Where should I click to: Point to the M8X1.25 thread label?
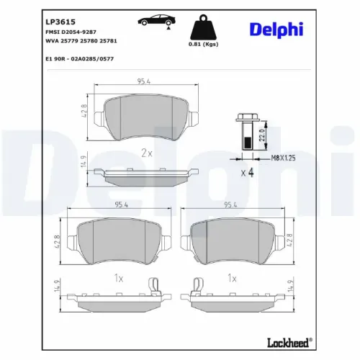point(278,156)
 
